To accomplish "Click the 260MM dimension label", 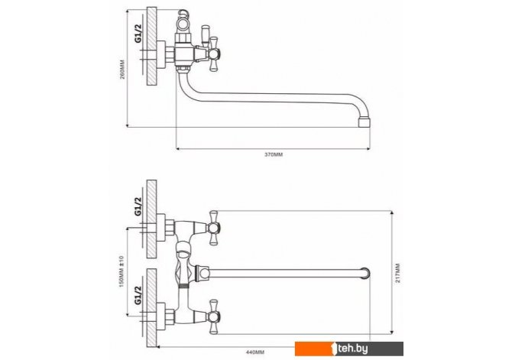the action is (122, 69).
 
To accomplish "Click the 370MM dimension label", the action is (274, 154).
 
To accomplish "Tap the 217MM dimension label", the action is (397, 273).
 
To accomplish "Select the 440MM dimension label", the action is (255, 352).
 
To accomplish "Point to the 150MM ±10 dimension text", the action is (122, 271).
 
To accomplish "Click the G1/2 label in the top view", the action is (139, 33).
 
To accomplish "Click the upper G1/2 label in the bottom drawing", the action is (139, 206).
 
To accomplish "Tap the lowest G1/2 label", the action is (139, 295).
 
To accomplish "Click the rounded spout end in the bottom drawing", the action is (365, 273).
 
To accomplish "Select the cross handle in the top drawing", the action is (214, 54).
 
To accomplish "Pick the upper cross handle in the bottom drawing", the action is (213, 228).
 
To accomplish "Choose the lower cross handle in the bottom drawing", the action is (213, 317).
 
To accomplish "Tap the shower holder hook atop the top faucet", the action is (183, 14).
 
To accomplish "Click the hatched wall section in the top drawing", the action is (151, 47).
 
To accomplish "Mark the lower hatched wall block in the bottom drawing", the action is (151, 308).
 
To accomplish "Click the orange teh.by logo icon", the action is (332, 349).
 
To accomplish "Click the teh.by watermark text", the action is (353, 349).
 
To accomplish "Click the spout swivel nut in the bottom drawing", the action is (202, 273).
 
